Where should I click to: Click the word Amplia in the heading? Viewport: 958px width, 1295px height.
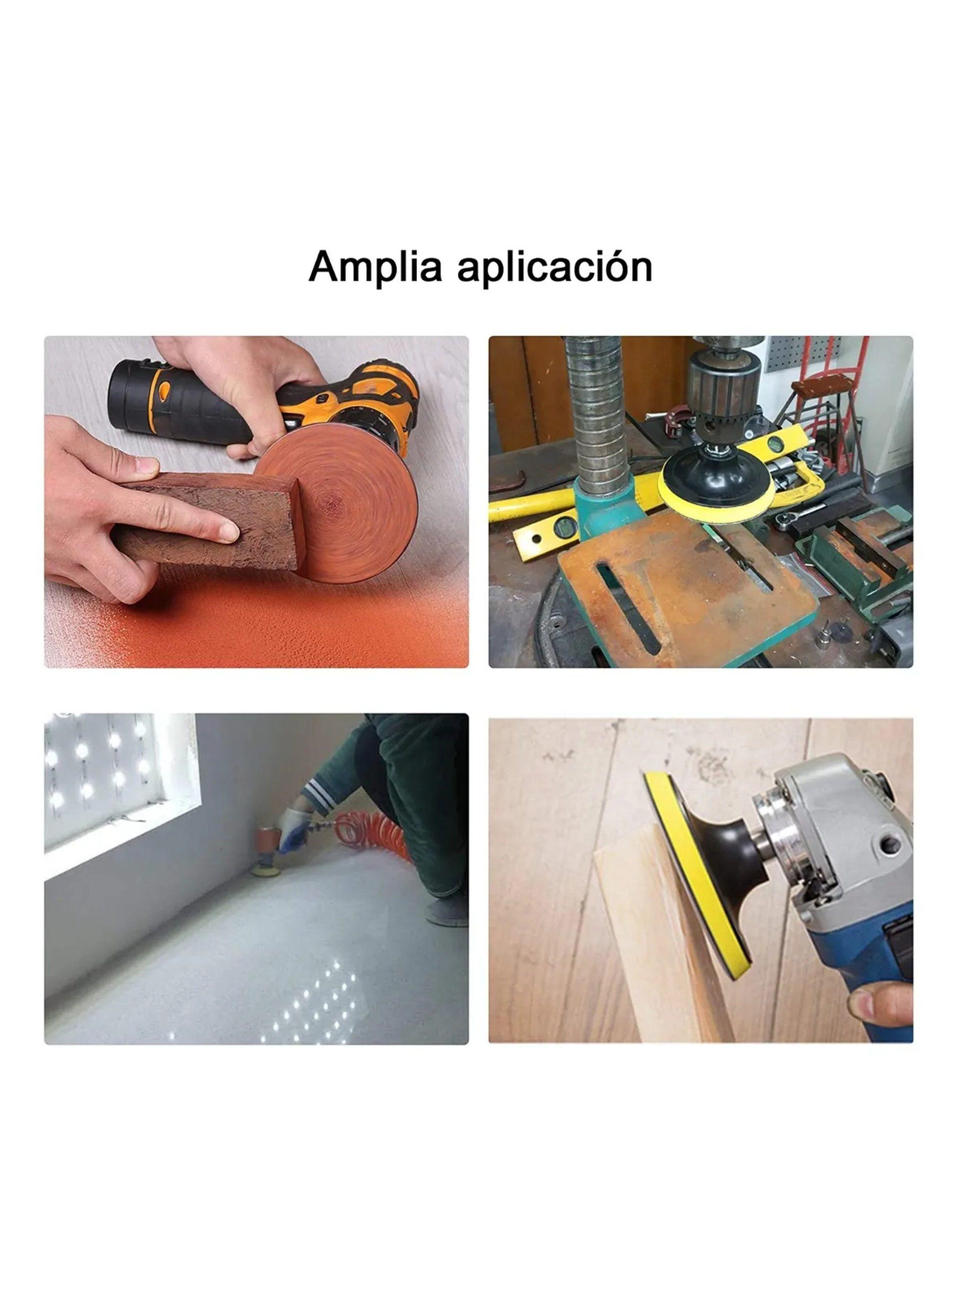click(x=375, y=267)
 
